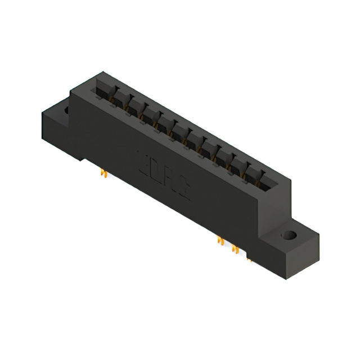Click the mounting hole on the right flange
pyautogui.click(x=289, y=235)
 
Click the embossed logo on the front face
pyautogui.click(x=163, y=175)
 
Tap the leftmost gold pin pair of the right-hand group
pyautogui.click(x=220, y=241)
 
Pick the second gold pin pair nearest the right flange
pyautogui.click(x=235, y=250)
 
